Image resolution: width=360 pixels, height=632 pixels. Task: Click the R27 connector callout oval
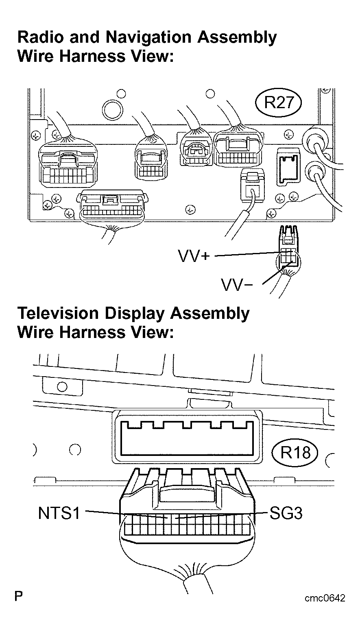point(279,102)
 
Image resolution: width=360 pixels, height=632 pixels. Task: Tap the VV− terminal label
point(237,285)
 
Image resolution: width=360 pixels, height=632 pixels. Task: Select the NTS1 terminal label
point(59,513)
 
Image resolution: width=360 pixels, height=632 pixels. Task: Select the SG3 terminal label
point(286,514)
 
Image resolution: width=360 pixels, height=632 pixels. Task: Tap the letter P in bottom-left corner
point(19,597)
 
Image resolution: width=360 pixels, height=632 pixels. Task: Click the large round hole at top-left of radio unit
point(112,108)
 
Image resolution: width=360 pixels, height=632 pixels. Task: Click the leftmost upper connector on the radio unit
point(68,164)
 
